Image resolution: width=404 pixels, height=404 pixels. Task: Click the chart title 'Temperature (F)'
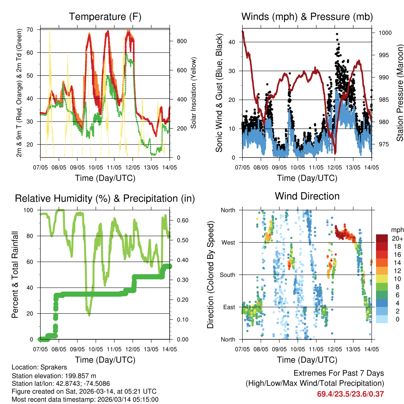[x=105, y=17]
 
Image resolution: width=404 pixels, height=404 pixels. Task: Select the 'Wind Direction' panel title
[x=307, y=196]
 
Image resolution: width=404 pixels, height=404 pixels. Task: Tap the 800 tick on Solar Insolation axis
[x=177, y=41]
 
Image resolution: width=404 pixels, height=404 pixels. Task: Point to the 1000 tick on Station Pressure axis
[x=384, y=33]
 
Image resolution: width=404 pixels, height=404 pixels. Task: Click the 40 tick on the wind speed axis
[x=233, y=42]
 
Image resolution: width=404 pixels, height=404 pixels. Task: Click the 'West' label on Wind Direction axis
[x=228, y=242]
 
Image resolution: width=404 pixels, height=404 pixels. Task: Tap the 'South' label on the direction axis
[x=228, y=275]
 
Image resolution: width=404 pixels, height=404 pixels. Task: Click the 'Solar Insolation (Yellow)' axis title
[x=194, y=93]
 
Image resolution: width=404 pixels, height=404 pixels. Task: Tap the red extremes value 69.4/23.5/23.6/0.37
[x=350, y=394]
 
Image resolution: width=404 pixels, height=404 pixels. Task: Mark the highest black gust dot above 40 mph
[x=337, y=34]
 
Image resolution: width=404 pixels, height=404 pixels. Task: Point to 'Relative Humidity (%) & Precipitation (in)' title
[x=105, y=198]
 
